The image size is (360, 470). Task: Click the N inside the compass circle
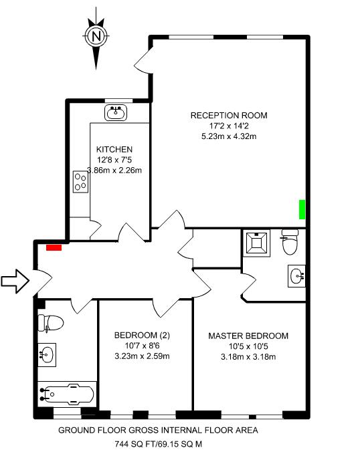[x=96, y=37]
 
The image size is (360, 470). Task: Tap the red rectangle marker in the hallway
[x=54, y=247]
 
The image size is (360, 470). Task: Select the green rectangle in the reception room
[x=302, y=209]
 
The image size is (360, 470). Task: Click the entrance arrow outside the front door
[x=15, y=281]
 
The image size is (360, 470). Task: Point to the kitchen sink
[x=116, y=113]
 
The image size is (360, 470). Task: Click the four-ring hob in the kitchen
[x=80, y=182]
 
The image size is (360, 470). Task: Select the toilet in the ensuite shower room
[x=290, y=241]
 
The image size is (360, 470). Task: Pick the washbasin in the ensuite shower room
[x=296, y=276]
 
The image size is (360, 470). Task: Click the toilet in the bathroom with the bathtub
[x=51, y=323]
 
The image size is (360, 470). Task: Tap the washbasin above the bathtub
[x=47, y=355]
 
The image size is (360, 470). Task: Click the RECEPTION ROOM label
[x=229, y=116]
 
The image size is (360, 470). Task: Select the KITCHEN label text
[x=114, y=149]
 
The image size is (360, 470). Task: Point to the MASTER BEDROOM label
[x=248, y=336]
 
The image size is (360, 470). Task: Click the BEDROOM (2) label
[x=143, y=335]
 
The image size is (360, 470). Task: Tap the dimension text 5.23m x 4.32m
[x=229, y=136]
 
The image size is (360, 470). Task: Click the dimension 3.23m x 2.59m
[x=143, y=356]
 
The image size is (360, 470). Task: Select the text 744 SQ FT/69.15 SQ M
[x=159, y=444]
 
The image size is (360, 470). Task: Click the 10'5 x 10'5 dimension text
[x=248, y=346]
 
